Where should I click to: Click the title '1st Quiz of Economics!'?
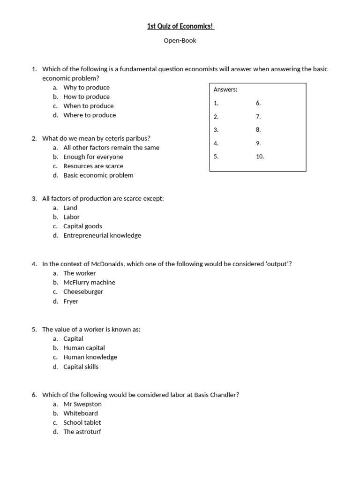click(180, 27)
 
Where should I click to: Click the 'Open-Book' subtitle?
click(180, 41)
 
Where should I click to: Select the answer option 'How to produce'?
click(86, 97)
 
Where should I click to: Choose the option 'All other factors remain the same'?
click(111, 148)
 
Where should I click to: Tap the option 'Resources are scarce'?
click(93, 166)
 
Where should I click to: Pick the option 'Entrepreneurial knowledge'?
click(102, 235)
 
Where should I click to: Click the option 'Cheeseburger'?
click(83, 292)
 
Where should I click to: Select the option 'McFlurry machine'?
click(89, 282)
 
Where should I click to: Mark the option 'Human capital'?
click(84, 348)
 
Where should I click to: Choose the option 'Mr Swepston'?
click(82, 404)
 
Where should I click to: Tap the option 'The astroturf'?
click(82, 432)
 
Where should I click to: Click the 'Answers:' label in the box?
click(225, 90)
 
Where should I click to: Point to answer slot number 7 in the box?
click(258, 116)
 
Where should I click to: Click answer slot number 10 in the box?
click(260, 157)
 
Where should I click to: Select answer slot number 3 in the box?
click(216, 130)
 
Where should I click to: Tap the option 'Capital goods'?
click(82, 226)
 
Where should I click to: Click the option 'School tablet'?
click(82, 422)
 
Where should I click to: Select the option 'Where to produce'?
click(90, 115)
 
